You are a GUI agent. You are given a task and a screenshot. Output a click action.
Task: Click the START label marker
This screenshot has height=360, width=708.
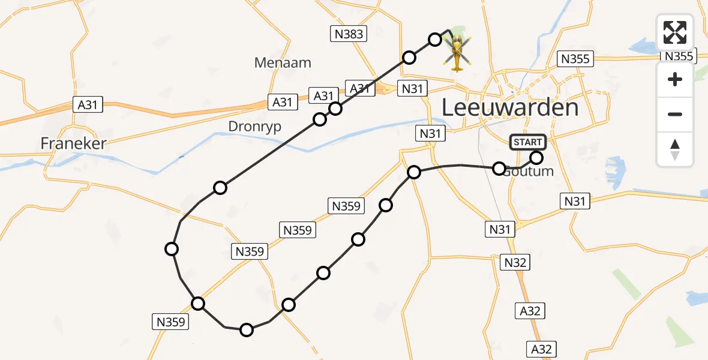[528, 142]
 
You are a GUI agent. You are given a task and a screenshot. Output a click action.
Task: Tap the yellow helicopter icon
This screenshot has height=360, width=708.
[457, 53]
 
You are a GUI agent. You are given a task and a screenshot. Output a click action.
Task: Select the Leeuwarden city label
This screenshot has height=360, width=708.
[510, 108]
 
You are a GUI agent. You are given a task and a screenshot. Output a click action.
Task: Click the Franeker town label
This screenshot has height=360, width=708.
[73, 143]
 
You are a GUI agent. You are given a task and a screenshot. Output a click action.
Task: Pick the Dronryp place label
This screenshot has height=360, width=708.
[254, 126]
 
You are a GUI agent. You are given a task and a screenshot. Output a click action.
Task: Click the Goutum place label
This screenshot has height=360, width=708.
[528, 171]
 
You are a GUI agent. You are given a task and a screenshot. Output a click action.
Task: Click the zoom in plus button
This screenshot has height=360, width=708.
[675, 79]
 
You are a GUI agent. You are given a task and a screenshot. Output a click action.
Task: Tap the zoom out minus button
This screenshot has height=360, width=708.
[675, 114]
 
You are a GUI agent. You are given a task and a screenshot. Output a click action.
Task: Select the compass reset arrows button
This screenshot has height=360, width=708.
[675, 149]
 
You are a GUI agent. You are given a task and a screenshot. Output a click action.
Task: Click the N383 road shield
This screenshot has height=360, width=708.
[349, 34]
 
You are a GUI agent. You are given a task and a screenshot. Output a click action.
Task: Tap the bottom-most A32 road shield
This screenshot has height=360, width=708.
[542, 349]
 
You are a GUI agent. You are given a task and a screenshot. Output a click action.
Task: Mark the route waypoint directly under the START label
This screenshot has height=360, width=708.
[536, 158]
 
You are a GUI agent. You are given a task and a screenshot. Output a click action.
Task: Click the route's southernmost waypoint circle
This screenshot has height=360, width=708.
[247, 329]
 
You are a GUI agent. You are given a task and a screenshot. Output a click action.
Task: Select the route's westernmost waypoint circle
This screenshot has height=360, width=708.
[172, 249]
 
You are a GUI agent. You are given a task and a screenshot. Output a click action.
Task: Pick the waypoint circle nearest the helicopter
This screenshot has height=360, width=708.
[435, 40]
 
